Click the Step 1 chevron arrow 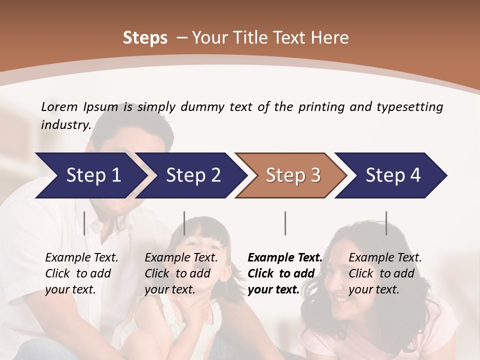click(90, 175)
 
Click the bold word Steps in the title click(145, 38)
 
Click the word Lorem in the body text click(59, 106)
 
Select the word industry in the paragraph click(65, 124)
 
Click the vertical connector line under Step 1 click(84, 223)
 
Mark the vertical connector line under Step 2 click(184, 223)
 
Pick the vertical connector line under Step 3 click(285, 223)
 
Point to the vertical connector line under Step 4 click(386, 223)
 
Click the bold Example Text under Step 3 click(285, 257)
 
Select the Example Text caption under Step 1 click(81, 257)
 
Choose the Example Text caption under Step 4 click(385, 257)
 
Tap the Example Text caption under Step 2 click(181, 257)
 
